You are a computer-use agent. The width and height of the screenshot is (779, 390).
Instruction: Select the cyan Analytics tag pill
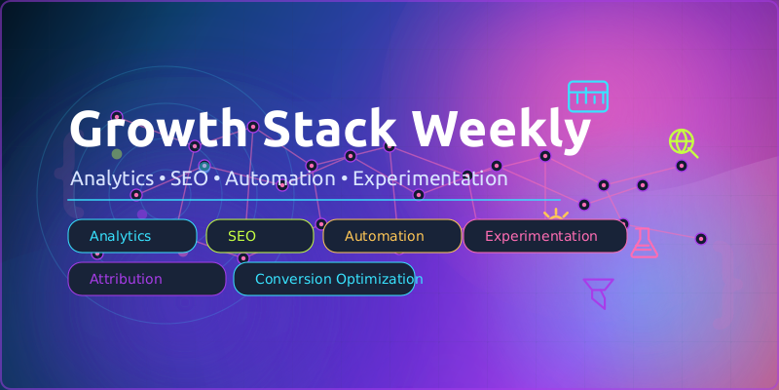(131, 236)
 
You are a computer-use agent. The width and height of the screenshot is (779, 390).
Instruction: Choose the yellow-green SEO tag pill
(259, 236)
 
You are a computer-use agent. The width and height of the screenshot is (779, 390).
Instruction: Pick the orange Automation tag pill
(391, 236)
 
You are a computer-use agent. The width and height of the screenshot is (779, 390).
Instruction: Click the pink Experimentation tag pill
(544, 236)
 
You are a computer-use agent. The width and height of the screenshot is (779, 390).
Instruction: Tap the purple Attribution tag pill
(146, 279)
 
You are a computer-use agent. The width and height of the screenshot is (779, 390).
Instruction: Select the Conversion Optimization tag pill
(324, 279)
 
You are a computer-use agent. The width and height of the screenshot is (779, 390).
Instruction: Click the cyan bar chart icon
(587, 97)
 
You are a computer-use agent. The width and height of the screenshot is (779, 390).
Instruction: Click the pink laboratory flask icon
(644, 242)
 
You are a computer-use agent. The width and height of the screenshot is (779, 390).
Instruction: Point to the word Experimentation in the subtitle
(429, 179)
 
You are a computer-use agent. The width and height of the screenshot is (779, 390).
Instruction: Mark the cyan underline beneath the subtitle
(312, 200)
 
